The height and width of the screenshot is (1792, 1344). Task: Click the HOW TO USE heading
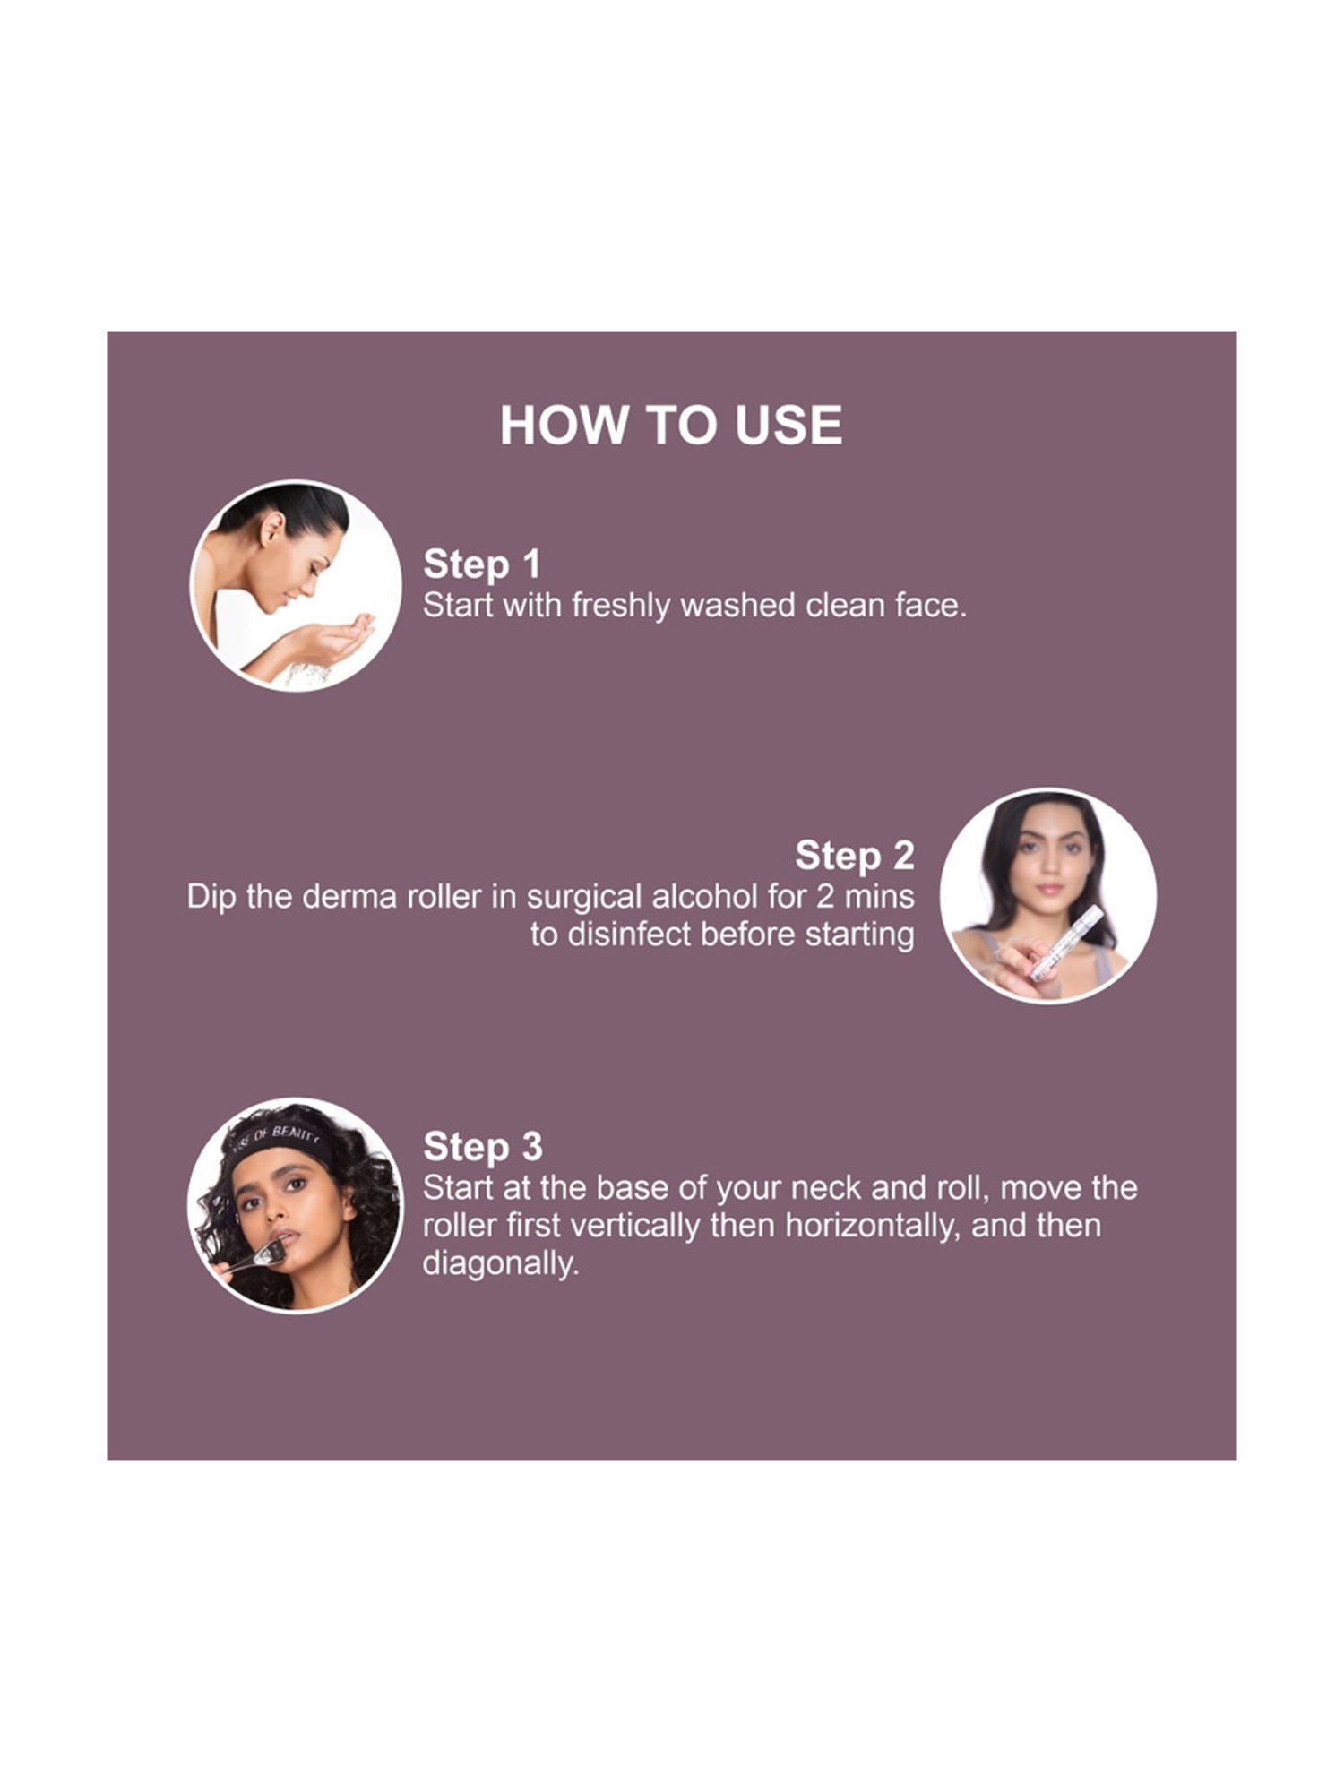pos(671,425)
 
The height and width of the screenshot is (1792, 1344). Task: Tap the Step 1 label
pos(481,564)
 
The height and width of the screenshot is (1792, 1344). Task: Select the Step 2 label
pos(854,856)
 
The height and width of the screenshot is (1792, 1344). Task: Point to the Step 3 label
pos(482,1147)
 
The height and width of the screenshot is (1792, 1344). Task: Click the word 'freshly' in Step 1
pos(620,607)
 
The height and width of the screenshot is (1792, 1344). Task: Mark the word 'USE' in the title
pos(788,425)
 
